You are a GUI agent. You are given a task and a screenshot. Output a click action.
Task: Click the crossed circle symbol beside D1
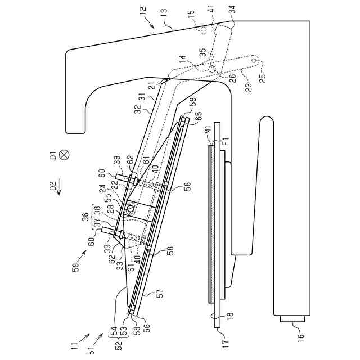click(x=64, y=155)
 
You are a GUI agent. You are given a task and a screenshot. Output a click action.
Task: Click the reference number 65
click(x=199, y=117)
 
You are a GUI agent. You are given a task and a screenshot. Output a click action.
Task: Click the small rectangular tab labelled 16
click(x=292, y=318)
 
